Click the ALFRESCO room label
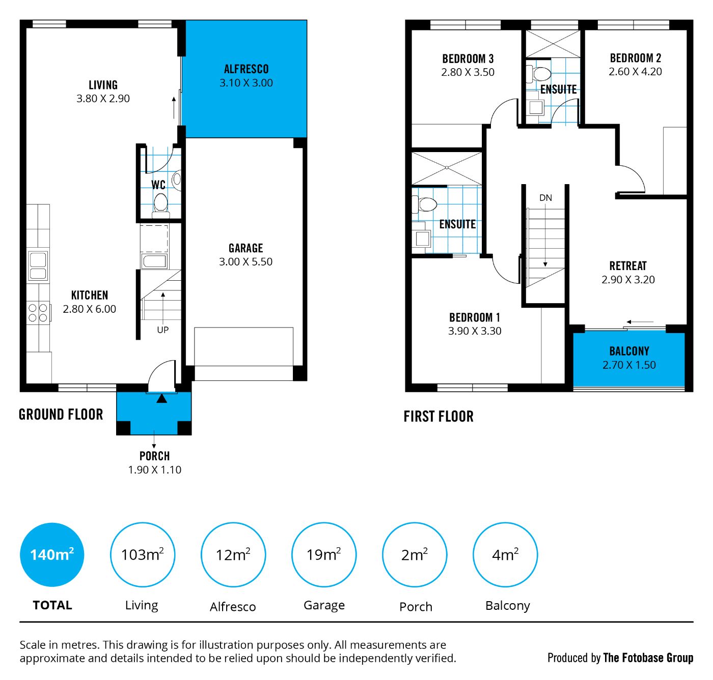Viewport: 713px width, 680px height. [x=246, y=69]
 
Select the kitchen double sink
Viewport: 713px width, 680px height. [x=38, y=266]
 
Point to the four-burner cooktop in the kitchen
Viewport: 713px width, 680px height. [x=38, y=313]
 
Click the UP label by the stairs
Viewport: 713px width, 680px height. [x=162, y=330]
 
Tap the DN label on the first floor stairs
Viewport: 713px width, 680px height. [x=545, y=198]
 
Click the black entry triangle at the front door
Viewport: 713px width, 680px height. [x=161, y=399]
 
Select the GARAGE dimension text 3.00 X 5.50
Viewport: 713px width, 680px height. [x=246, y=262]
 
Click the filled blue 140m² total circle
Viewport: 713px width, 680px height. [x=52, y=554]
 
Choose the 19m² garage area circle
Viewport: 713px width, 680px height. [x=324, y=554]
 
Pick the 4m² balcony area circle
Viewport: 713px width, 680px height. [x=505, y=554]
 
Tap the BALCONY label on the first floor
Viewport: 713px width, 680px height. [x=629, y=351]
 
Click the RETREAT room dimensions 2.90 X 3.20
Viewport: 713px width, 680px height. [x=628, y=280]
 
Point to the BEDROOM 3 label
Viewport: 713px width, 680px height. [x=468, y=58]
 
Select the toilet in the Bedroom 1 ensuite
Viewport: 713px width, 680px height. [x=425, y=204]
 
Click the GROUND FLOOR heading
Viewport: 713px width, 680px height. [x=61, y=415]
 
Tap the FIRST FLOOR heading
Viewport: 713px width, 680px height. [x=438, y=417]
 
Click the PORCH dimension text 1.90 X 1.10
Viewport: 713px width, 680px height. [x=155, y=469]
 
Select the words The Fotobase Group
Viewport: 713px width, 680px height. [x=648, y=658]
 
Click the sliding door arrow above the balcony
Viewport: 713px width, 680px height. [x=640, y=322]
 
